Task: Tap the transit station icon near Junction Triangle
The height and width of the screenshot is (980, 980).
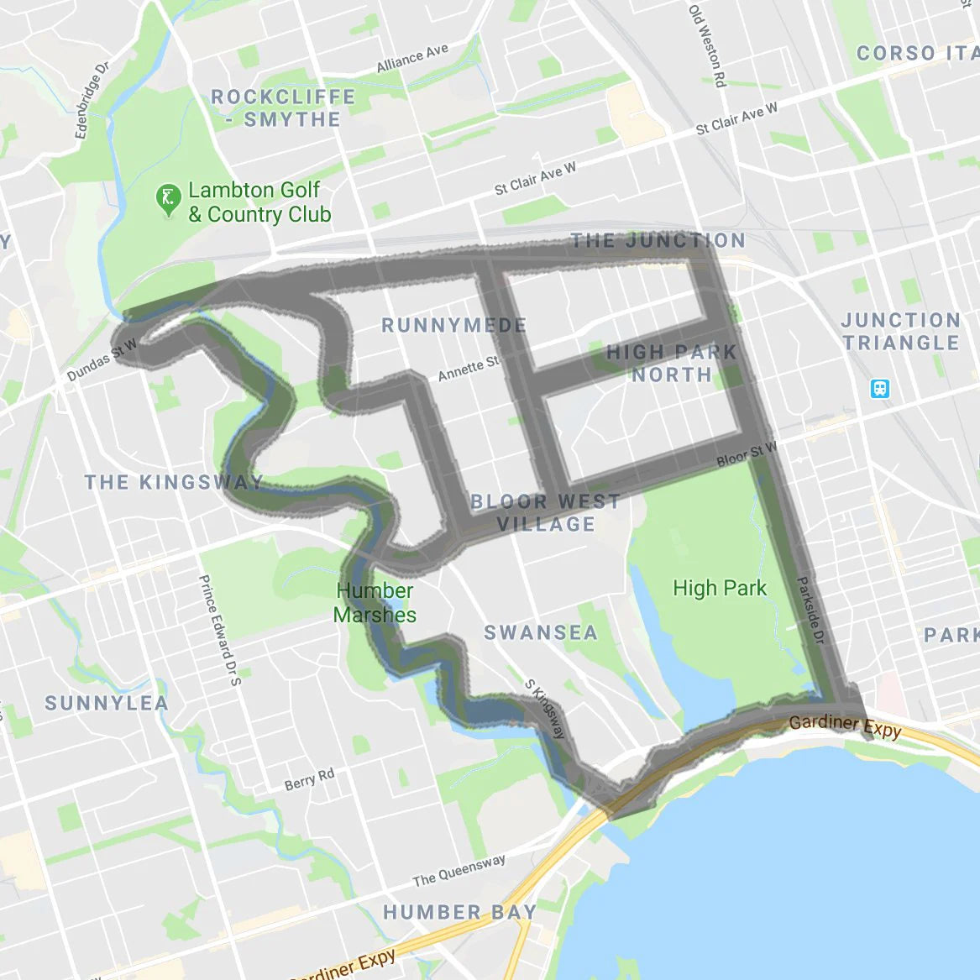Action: (x=880, y=388)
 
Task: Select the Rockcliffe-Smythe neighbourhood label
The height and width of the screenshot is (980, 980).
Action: (x=284, y=108)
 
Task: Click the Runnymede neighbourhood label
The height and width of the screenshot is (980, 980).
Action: (x=454, y=325)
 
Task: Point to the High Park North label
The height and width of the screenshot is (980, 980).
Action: (x=671, y=363)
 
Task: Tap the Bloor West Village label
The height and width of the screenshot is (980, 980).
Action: (x=545, y=513)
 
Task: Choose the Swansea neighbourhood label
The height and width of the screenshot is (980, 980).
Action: (x=541, y=632)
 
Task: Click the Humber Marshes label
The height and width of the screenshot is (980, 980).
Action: (x=375, y=602)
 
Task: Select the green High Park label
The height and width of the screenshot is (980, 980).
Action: (x=720, y=588)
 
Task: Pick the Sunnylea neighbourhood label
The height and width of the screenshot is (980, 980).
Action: (x=107, y=703)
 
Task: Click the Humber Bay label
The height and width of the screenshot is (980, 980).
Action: (x=459, y=912)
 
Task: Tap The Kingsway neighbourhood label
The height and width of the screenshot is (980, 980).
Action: (x=174, y=482)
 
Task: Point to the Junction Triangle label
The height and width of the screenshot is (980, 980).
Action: (x=901, y=331)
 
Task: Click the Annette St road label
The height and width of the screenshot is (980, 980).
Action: (x=469, y=368)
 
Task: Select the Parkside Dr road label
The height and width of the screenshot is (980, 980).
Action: (x=810, y=611)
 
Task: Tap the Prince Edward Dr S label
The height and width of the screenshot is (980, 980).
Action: (x=219, y=629)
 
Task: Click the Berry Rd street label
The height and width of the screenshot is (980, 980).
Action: (x=309, y=780)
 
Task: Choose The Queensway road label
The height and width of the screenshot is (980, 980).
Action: (x=459, y=871)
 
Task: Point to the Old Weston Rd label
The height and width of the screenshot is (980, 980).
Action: (x=707, y=46)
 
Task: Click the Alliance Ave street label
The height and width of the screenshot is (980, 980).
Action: (x=412, y=59)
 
